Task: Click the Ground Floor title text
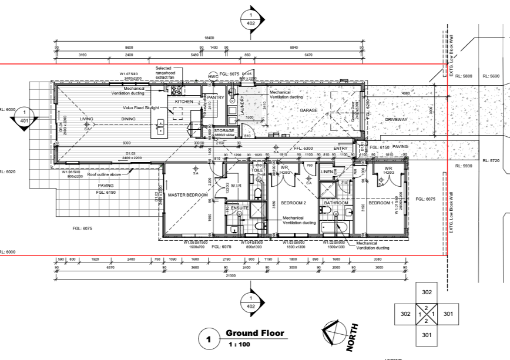(254, 334)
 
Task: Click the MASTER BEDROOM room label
(188, 194)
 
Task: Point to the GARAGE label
(308, 110)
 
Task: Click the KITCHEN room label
(183, 102)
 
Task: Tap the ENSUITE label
(240, 208)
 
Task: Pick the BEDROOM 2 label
(294, 203)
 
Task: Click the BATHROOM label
(336, 203)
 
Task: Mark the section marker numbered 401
(24, 116)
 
